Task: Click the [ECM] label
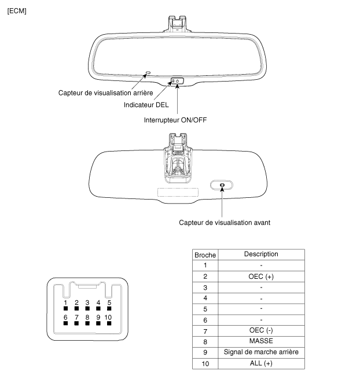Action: (17, 11)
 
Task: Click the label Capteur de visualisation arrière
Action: (106, 93)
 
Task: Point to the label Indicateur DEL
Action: (146, 105)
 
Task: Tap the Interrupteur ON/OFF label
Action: (175, 120)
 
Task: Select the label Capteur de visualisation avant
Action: (225, 223)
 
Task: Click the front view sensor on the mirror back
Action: (222, 185)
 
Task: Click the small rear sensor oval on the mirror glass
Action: (148, 73)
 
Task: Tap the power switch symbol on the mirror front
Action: (178, 81)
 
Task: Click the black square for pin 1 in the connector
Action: (65, 308)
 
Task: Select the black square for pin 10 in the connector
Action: (109, 323)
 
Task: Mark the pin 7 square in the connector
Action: (76, 323)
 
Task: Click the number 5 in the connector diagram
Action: (109, 303)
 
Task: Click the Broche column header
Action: (205, 255)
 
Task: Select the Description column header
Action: (261, 254)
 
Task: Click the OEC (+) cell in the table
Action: (261, 277)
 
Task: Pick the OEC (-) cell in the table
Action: (261, 330)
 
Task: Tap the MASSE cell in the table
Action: (261, 341)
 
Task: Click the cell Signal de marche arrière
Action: (261, 352)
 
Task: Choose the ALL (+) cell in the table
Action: (261, 363)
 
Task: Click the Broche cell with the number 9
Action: (205, 352)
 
